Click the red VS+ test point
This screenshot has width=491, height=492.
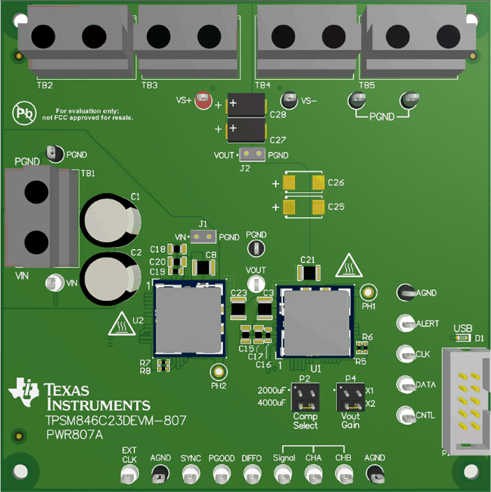202,101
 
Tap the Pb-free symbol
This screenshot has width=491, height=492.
24,114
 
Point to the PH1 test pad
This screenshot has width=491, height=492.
369,293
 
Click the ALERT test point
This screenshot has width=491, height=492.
405,323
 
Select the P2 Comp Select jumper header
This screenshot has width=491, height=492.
305,396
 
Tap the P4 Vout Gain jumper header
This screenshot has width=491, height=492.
350,396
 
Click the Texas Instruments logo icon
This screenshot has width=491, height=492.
23,390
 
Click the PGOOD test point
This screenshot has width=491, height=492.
221,474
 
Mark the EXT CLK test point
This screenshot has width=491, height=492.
129,474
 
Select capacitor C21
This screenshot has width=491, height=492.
309,273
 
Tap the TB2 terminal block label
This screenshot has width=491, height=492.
45,85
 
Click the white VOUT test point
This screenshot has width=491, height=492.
256,283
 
